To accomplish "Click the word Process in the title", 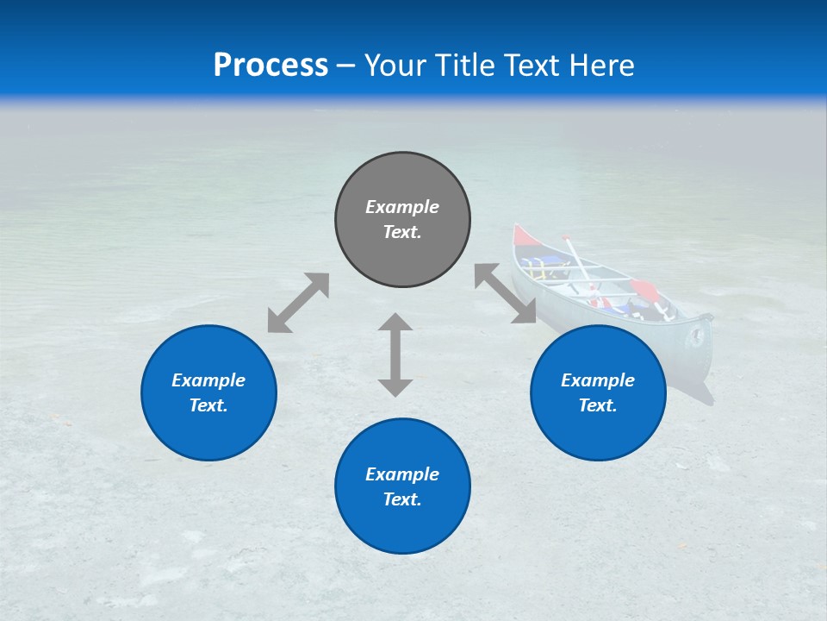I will [270, 66].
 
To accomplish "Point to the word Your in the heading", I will [396, 66].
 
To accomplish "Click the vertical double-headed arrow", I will [395, 354].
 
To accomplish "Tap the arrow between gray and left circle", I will [298, 303].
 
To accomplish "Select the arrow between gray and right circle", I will [505, 294].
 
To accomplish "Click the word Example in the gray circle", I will [402, 207].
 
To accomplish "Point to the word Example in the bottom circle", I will [402, 474].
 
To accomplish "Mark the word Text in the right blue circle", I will [596, 405].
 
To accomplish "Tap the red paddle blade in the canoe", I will [643, 289].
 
